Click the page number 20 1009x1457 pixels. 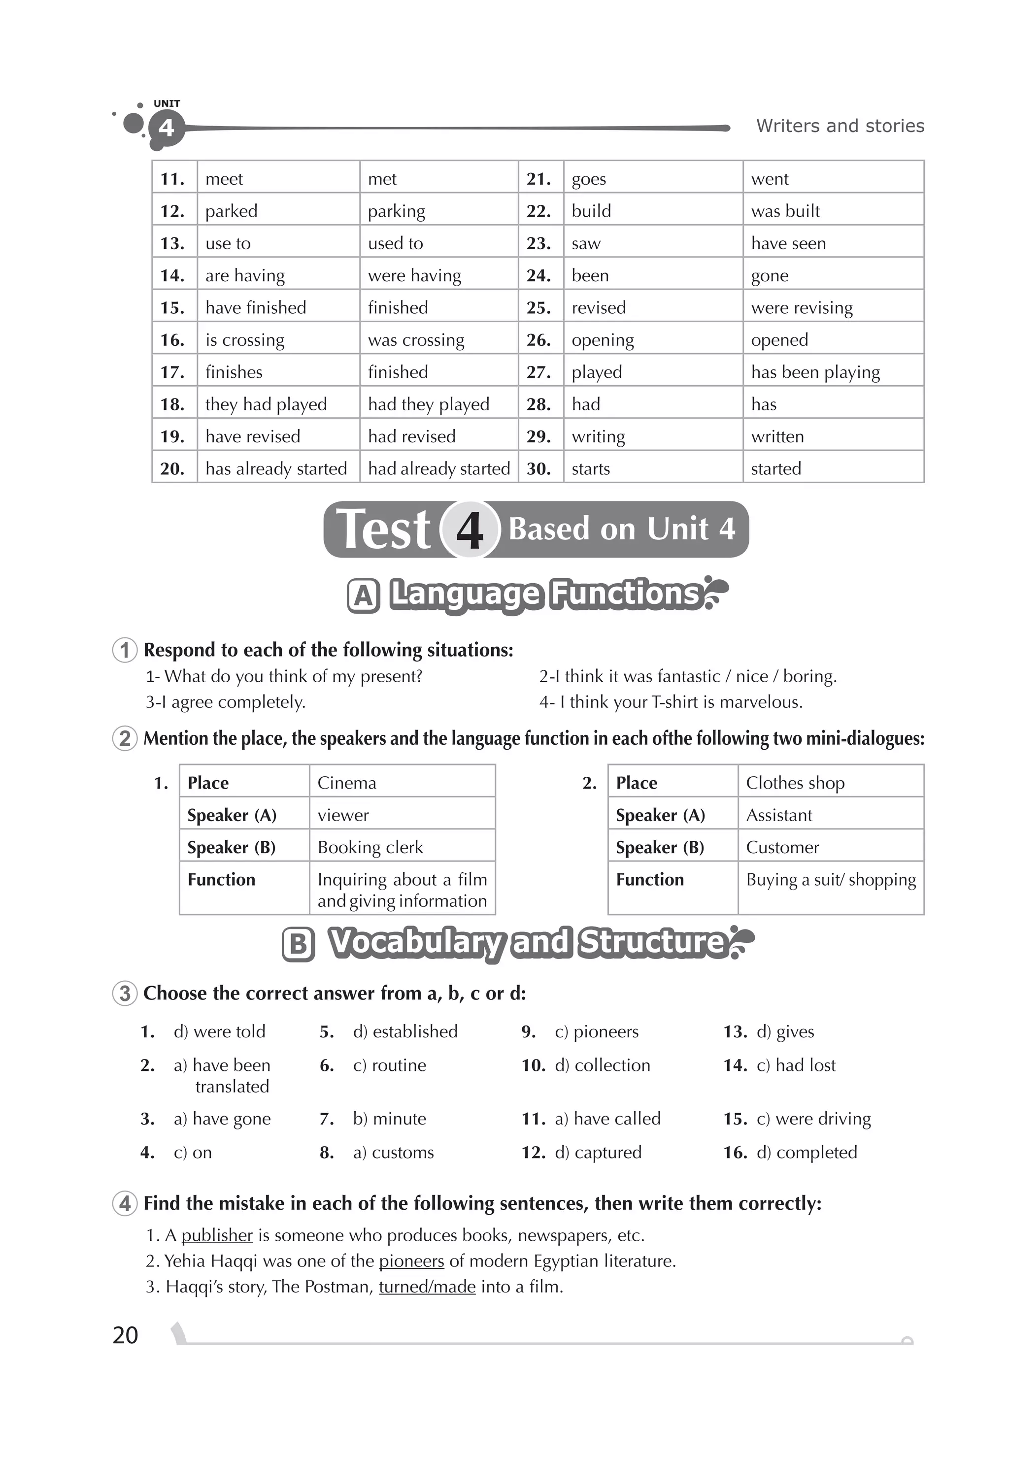pyautogui.click(x=125, y=1334)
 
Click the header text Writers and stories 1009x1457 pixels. pyautogui.click(x=840, y=126)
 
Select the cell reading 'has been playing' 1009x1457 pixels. pyautogui.click(x=815, y=372)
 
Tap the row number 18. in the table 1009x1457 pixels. pyautogui.click(x=172, y=404)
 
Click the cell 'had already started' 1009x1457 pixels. pyautogui.click(x=439, y=469)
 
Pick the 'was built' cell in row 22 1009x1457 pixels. pyautogui.click(x=785, y=211)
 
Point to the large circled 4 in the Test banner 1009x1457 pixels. pyautogui.click(x=470, y=530)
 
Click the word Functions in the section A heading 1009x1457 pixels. pyautogui.click(x=625, y=594)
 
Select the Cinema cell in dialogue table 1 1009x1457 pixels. pyautogui.click(x=347, y=783)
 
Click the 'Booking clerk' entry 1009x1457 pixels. pyautogui.click(x=370, y=848)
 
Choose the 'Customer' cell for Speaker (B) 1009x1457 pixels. pyautogui.click(x=782, y=848)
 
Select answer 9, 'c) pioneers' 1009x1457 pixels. pyautogui.click(x=596, y=1031)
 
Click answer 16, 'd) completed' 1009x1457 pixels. pyautogui.click(x=806, y=1152)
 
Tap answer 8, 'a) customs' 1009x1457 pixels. pyautogui.click(x=393, y=1152)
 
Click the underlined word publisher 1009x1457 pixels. pyautogui.click(x=217, y=1235)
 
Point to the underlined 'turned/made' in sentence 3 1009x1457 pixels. pyautogui.click(x=427, y=1287)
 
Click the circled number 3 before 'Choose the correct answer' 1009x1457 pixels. pyautogui.click(x=125, y=993)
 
